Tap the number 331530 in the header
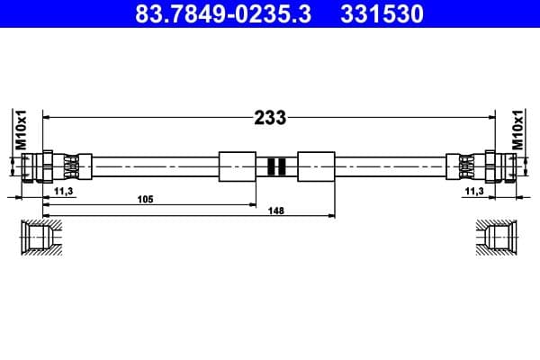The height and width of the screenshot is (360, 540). tap(378, 14)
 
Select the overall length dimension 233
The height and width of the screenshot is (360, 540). tap(270, 117)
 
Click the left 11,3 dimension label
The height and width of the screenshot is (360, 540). tap(64, 191)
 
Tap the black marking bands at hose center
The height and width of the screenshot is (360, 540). tap(276, 166)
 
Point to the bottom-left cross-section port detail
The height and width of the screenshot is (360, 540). tap(41, 237)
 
